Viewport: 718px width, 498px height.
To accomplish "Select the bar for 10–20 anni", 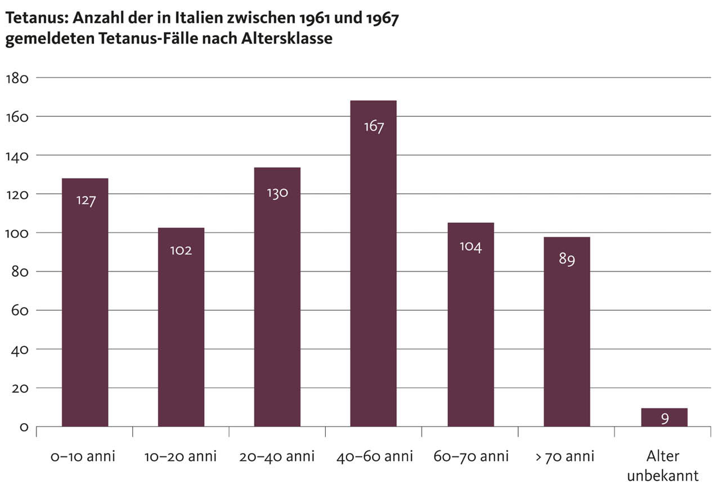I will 181,326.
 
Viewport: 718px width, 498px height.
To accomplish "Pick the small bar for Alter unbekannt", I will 664,418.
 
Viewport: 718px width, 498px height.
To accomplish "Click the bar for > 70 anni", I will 567,331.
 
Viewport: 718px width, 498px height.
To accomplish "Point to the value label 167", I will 374,127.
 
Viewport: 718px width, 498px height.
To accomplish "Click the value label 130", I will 277,193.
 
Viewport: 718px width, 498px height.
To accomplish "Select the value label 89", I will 567,260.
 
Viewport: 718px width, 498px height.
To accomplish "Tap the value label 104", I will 470,246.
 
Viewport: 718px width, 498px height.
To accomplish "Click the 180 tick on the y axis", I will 17,78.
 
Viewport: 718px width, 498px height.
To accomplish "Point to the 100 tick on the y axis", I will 17,233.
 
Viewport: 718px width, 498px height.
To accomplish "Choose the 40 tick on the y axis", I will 20,349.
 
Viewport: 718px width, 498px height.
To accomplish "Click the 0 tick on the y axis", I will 24,427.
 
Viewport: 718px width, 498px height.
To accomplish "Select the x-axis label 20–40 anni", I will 277,456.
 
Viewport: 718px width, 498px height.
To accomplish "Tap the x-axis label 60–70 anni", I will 470,456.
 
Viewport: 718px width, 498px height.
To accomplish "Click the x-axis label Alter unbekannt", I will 663,466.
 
